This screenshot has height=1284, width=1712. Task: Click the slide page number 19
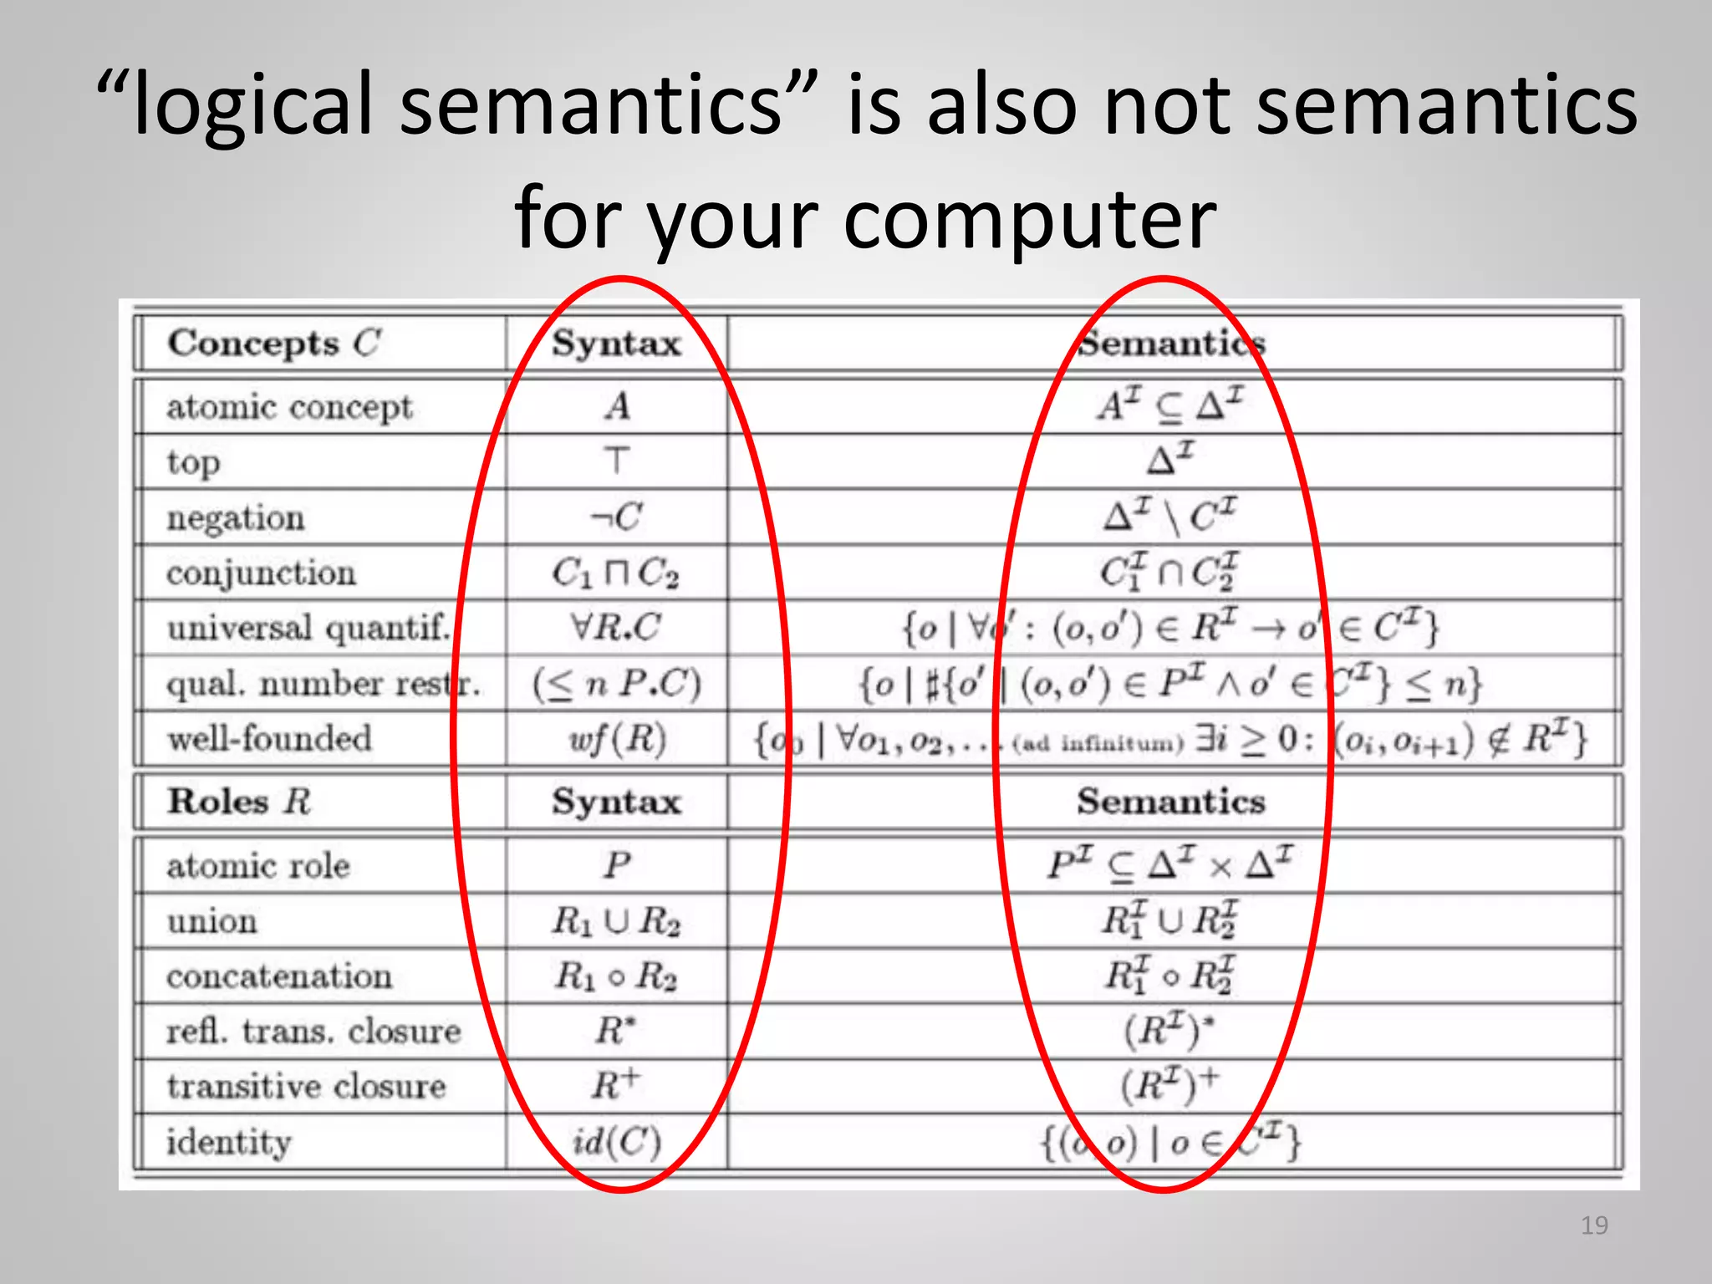(x=1594, y=1225)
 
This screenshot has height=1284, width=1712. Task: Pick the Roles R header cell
(x=239, y=801)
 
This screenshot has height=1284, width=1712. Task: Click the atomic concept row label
(x=289, y=407)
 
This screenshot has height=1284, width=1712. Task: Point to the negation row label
(x=236, y=517)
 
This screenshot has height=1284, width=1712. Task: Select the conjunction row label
(x=261, y=573)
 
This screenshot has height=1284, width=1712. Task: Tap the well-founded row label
(x=269, y=739)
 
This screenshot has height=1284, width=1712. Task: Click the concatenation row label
(x=279, y=976)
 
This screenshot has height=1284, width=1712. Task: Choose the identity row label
(x=229, y=1142)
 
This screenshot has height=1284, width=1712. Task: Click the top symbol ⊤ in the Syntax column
(x=616, y=461)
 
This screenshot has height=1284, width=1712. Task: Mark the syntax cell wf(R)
(x=617, y=739)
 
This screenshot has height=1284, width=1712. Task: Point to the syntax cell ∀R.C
(x=616, y=627)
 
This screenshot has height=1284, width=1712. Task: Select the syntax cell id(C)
(x=617, y=1142)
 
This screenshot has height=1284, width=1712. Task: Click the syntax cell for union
(x=616, y=921)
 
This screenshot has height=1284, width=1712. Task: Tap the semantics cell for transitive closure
(x=1170, y=1085)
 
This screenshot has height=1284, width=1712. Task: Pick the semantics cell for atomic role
(x=1170, y=864)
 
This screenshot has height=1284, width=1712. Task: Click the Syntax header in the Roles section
(x=616, y=801)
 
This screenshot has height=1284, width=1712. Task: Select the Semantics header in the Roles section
(x=1170, y=801)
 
